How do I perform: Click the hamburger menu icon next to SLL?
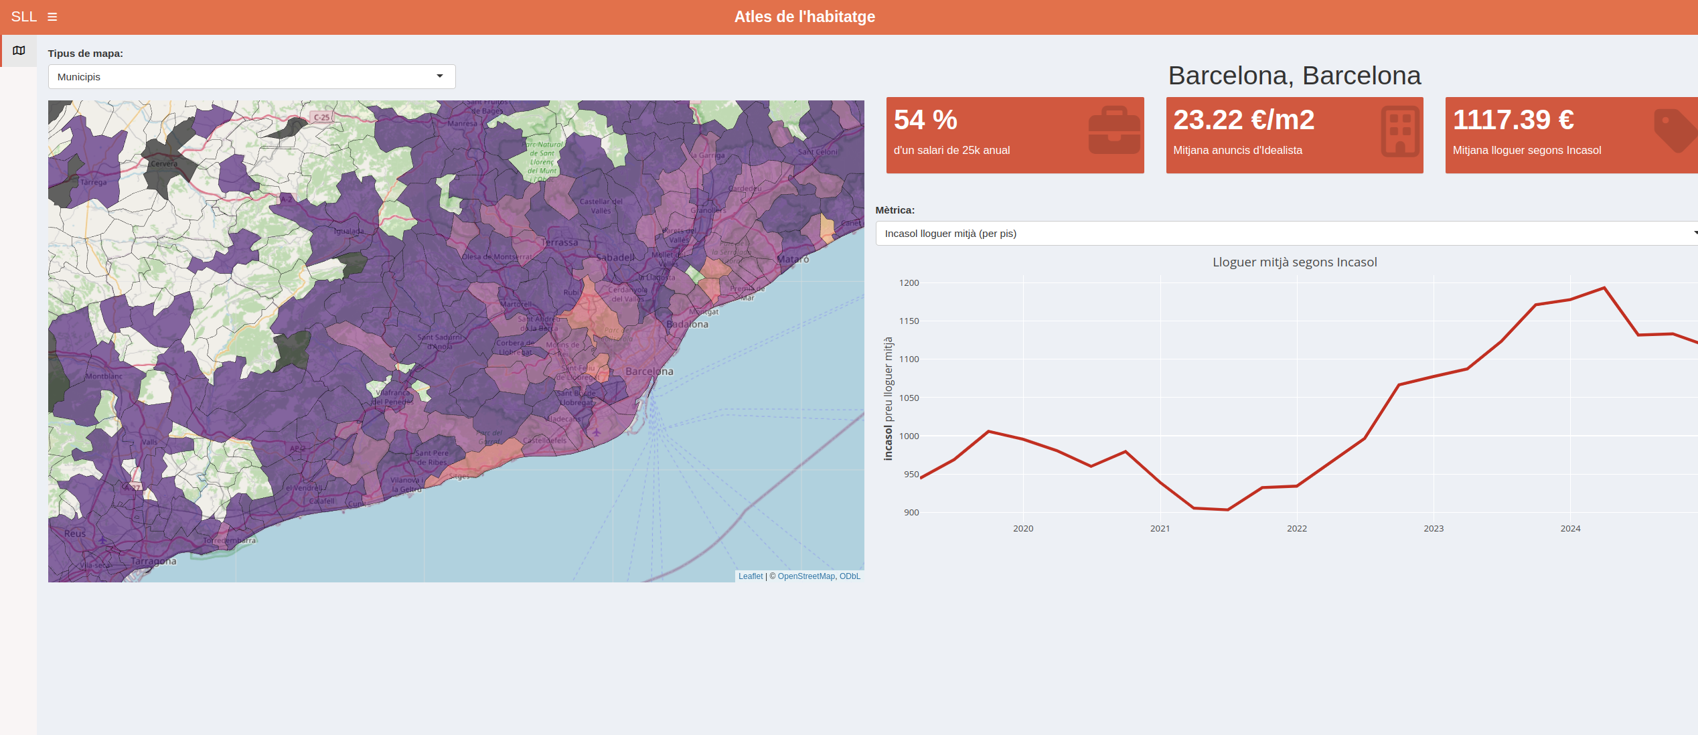click(x=52, y=17)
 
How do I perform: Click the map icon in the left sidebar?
click(x=19, y=51)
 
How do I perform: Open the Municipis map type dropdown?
click(x=252, y=77)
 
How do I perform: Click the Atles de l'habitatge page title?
click(x=804, y=17)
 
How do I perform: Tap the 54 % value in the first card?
click(x=925, y=120)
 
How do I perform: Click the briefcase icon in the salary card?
click(x=1113, y=131)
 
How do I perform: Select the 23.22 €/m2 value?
click(x=1243, y=120)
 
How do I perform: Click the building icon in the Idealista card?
click(x=1399, y=131)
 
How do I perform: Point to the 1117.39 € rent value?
click(x=1513, y=120)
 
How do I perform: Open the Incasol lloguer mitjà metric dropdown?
click(x=1286, y=234)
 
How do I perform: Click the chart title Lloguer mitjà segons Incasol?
click(x=1294, y=262)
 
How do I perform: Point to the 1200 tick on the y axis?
click(x=909, y=283)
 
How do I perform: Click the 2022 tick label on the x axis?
click(x=1296, y=529)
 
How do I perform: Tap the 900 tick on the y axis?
click(x=911, y=513)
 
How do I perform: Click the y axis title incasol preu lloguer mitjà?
click(x=889, y=398)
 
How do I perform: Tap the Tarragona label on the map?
click(x=153, y=561)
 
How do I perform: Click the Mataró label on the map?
click(x=793, y=259)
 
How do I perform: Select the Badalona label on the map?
click(x=687, y=325)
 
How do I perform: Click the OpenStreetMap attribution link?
click(x=806, y=576)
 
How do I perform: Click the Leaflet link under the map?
click(x=750, y=576)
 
